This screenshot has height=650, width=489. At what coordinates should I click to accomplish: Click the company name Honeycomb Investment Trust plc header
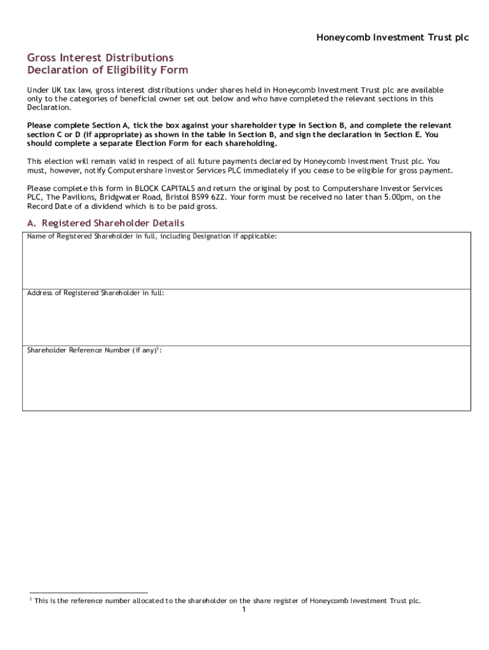(x=392, y=38)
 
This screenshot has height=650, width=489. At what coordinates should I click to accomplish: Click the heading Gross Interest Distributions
(x=100, y=58)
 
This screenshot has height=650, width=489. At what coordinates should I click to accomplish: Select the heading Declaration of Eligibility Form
(x=107, y=70)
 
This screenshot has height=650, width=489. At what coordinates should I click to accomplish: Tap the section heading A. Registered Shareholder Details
(x=105, y=223)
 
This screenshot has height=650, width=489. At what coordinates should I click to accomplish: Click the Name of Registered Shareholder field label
(x=152, y=237)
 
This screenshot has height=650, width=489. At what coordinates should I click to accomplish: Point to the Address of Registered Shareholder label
(x=95, y=293)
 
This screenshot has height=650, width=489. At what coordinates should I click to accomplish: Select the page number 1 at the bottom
(x=243, y=610)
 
